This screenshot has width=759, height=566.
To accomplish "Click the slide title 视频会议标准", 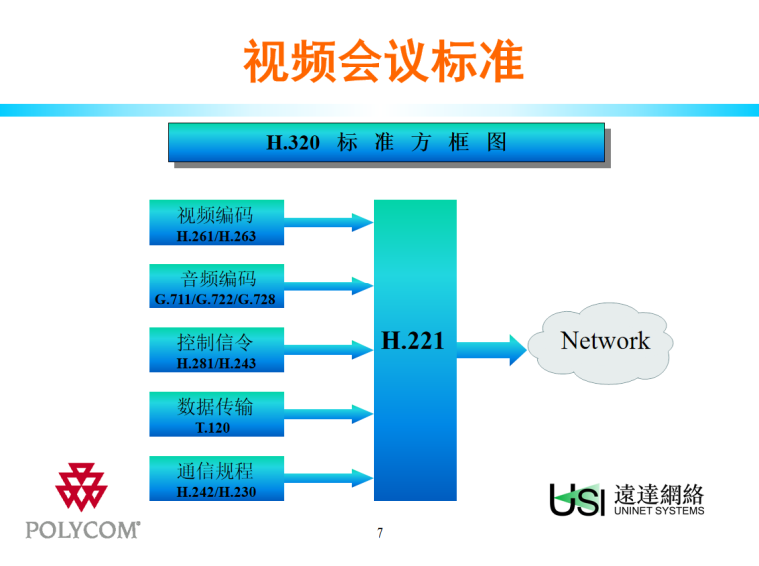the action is (x=383, y=62).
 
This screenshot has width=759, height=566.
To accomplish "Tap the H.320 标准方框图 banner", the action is (x=385, y=143).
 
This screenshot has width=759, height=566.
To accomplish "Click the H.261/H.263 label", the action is (x=216, y=237).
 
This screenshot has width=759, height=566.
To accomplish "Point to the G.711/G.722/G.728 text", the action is (x=215, y=300).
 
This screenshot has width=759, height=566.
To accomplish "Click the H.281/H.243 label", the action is (x=216, y=364).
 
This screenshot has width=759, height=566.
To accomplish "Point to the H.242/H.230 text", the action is (x=216, y=492).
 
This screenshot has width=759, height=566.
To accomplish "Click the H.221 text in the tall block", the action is (x=413, y=341).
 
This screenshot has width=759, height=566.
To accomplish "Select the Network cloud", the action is (x=605, y=342).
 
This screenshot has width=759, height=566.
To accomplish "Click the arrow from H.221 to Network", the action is (x=491, y=349).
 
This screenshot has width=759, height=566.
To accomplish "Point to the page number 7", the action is (x=380, y=533).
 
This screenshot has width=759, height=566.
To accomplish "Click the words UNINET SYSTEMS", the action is (x=659, y=511).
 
